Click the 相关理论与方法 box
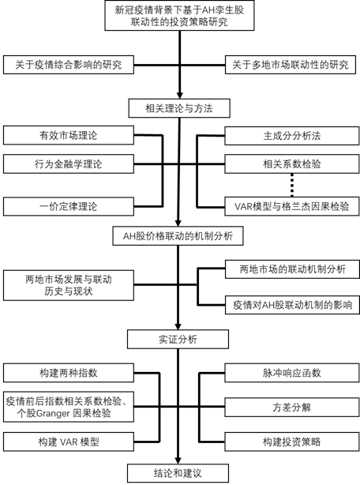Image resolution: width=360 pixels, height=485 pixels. tap(179, 106)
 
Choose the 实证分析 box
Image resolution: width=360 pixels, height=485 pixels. tap(179, 339)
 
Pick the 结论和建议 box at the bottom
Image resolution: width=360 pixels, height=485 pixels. tap(179, 473)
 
